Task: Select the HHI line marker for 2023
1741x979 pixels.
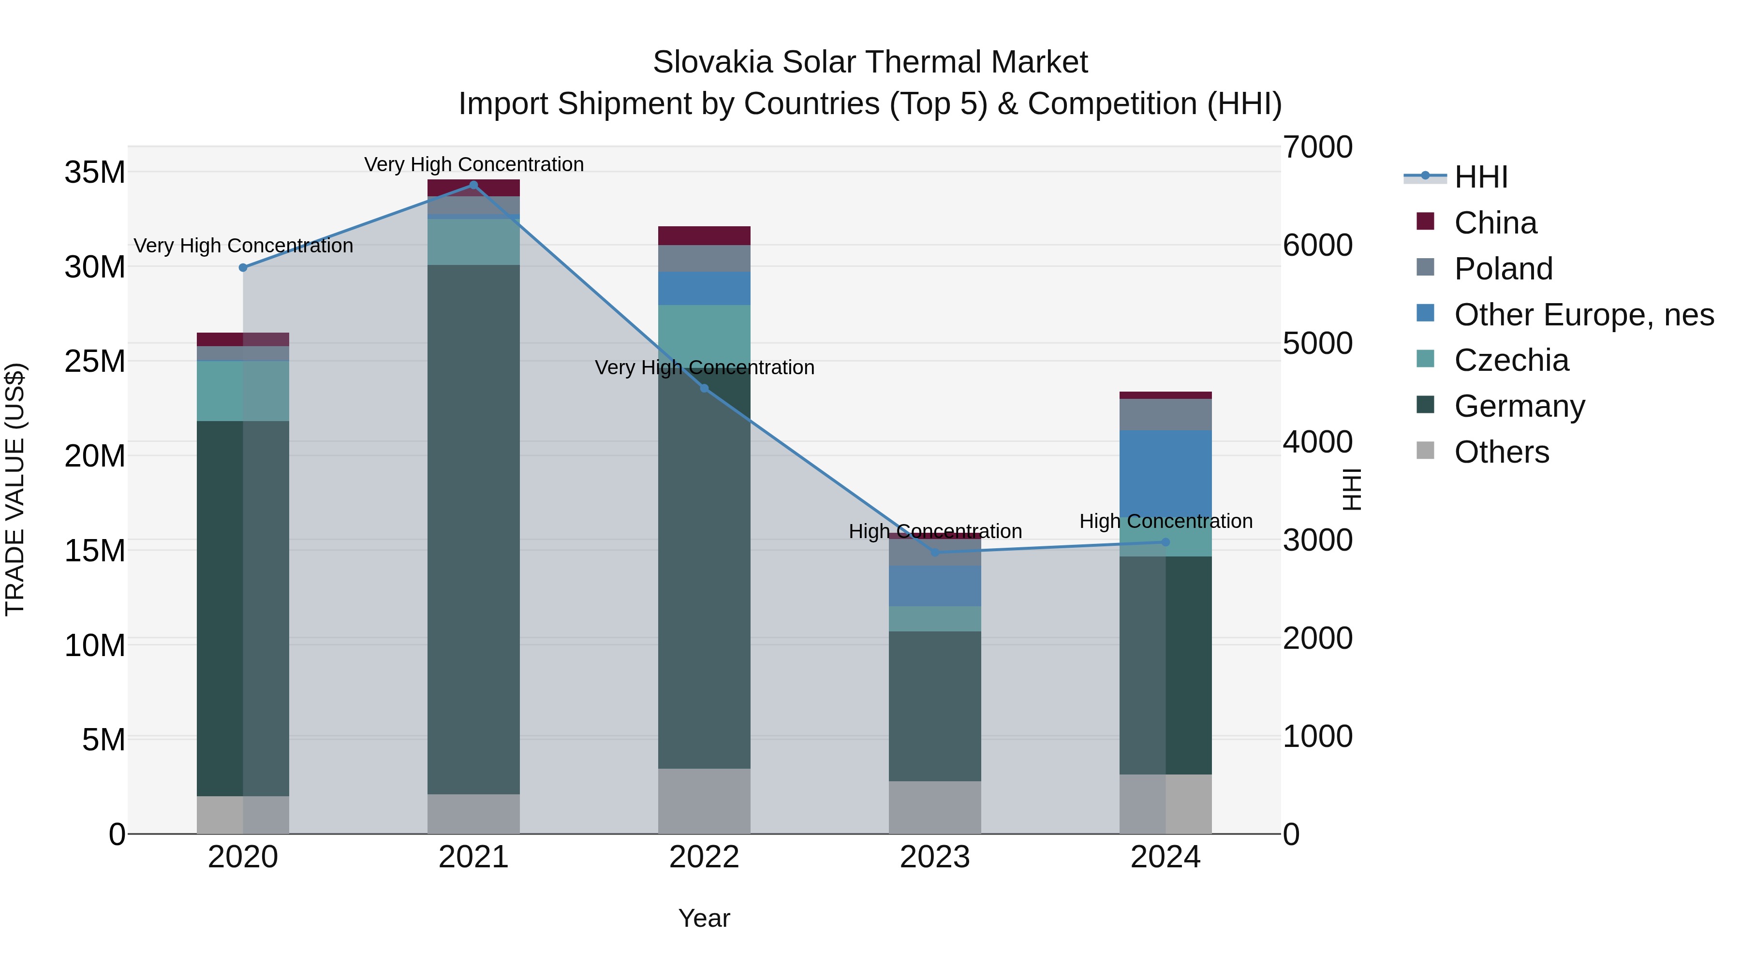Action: click(x=935, y=552)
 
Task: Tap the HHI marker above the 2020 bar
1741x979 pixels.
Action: click(x=243, y=267)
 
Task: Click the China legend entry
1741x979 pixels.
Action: click(x=1494, y=223)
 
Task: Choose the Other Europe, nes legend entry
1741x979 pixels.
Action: click(x=1583, y=315)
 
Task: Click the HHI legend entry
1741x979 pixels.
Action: click(x=1480, y=177)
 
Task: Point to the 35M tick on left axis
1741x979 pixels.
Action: click(x=95, y=172)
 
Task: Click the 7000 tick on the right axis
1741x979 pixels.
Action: click(x=1317, y=147)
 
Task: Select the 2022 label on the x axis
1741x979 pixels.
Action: click(x=704, y=857)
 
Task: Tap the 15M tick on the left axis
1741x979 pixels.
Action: click(x=95, y=551)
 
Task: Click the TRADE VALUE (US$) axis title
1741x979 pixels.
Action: click(x=15, y=489)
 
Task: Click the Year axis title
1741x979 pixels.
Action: click(x=704, y=918)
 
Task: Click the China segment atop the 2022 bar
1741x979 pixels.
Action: click(x=704, y=236)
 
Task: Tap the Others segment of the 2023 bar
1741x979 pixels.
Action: click(x=935, y=807)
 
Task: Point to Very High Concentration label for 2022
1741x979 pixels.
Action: click(x=704, y=367)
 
